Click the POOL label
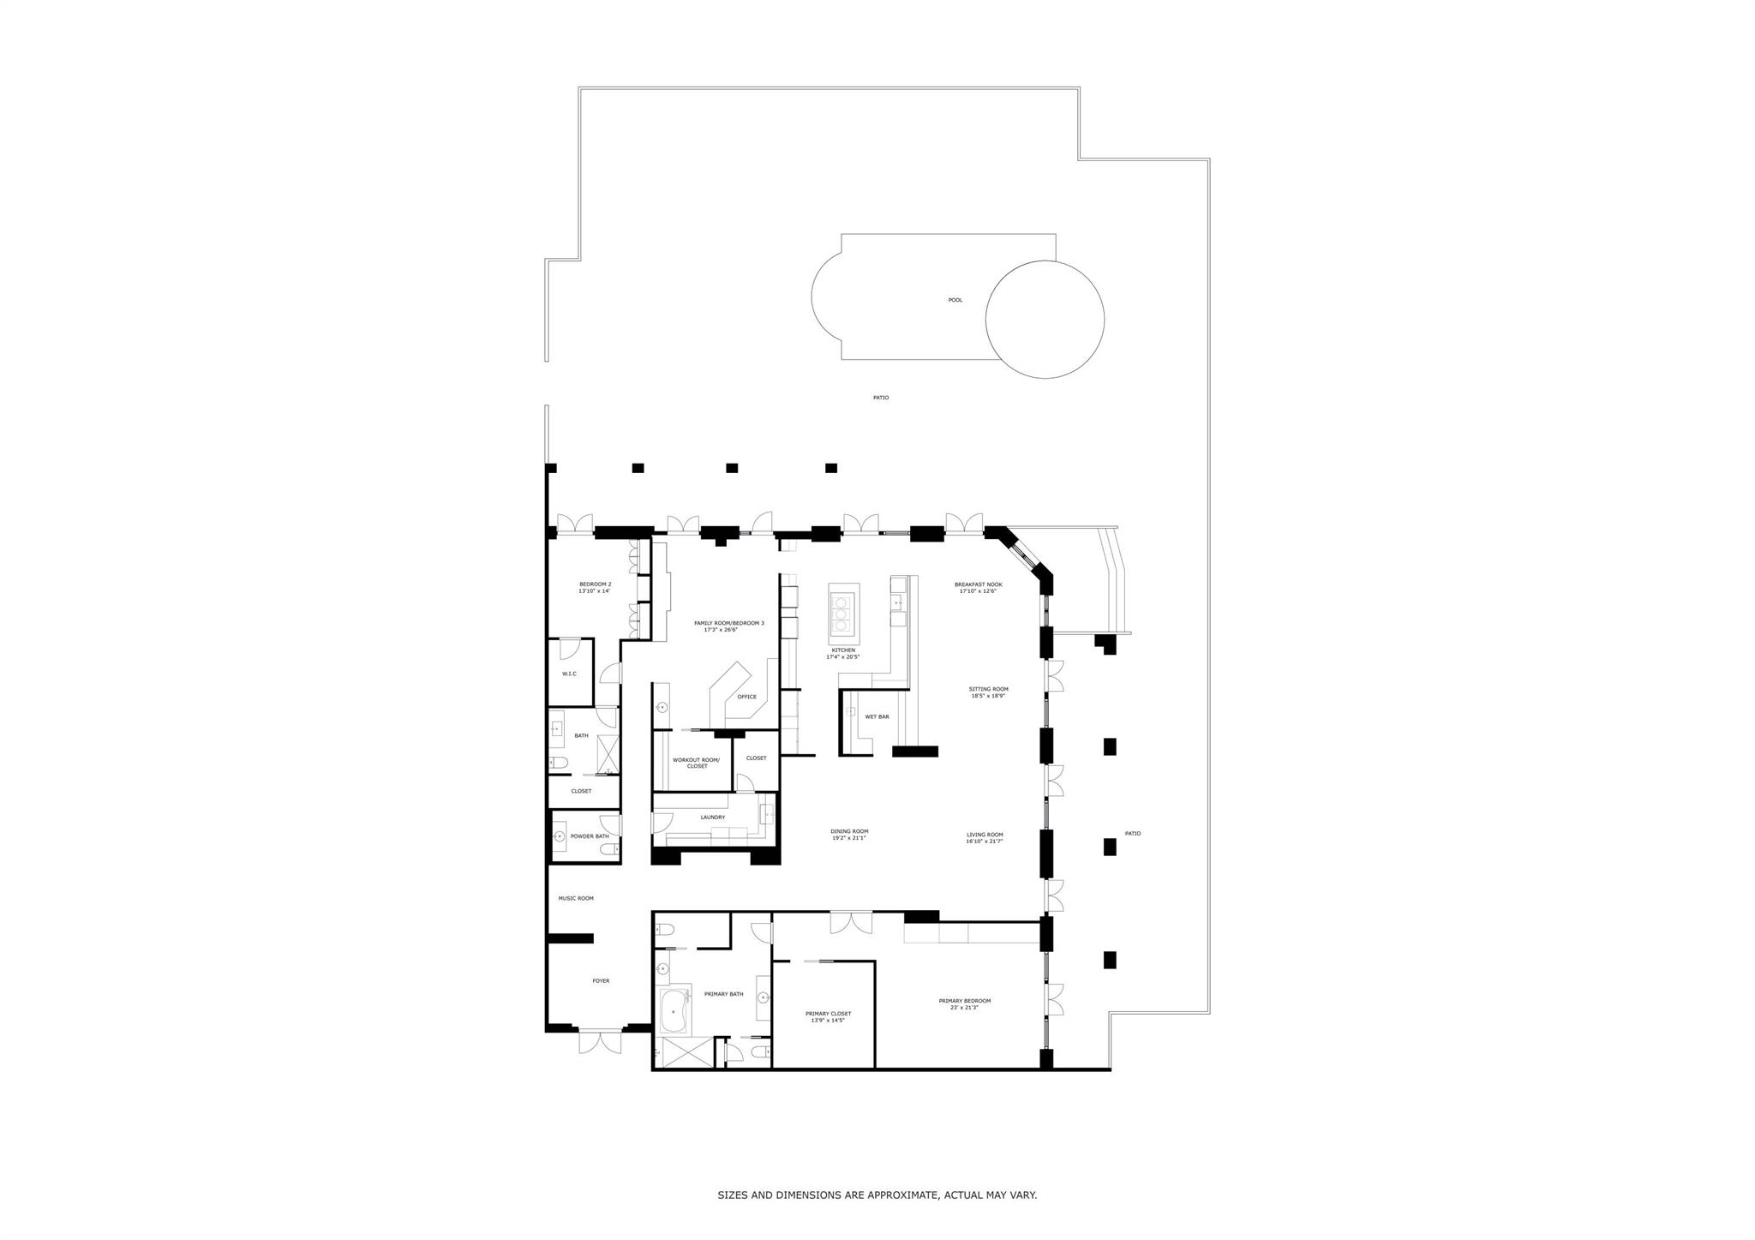(955, 300)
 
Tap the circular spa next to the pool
(1045, 319)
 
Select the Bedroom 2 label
(595, 584)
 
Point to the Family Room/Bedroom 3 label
(728, 623)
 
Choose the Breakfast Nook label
(978, 584)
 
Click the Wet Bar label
(877, 716)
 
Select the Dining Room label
(849, 831)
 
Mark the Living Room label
(985, 835)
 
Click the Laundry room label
(712, 818)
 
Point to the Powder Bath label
(590, 836)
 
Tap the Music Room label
(576, 898)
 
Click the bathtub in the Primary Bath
(674, 1011)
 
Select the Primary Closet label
(828, 1014)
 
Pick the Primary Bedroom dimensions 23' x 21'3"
(964, 1008)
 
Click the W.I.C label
(569, 674)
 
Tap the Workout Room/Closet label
(696, 763)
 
